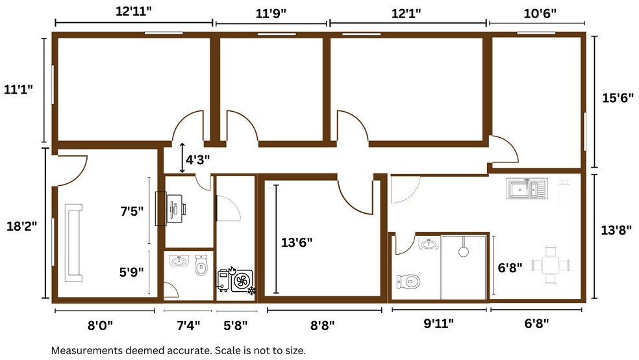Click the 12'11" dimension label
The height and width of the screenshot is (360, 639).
pos(133,11)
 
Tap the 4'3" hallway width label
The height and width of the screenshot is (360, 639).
pos(197,159)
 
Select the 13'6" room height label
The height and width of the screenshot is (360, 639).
pos(297,242)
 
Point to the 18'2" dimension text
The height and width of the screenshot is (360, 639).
pos(21,226)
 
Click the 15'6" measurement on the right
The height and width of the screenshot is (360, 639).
pos(618,98)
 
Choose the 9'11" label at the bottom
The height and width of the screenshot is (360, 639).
pos(438,324)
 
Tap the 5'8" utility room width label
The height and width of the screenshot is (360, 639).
pos(236,326)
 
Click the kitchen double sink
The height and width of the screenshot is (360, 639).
pos(527,188)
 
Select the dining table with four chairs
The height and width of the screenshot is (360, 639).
pos(551,265)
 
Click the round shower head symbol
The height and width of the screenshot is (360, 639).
pos(464,251)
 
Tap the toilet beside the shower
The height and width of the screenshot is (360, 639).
pos(408,281)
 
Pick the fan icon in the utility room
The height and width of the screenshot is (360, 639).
pos(242,281)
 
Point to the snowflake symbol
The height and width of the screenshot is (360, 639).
pos(252,290)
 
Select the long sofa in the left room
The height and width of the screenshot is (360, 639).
pos(74,243)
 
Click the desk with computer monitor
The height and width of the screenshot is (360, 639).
pos(171,209)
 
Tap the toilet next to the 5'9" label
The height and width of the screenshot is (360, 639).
pos(201,264)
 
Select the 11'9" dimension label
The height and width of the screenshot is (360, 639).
pos(271,14)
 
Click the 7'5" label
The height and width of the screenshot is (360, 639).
pos(132,211)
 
